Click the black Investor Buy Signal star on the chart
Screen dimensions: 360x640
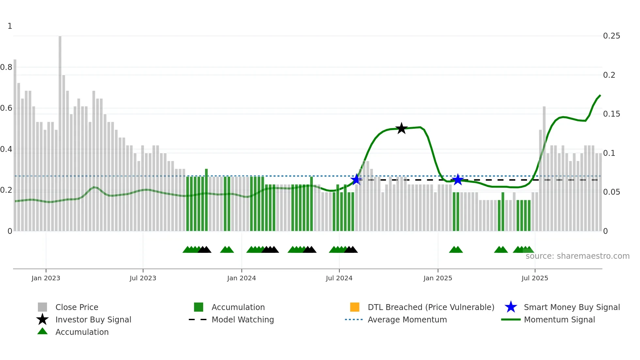pos(401,128)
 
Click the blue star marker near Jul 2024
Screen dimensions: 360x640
pos(356,179)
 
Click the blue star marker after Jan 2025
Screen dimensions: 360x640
pos(458,179)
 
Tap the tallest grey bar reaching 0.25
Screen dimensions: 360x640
pos(60,131)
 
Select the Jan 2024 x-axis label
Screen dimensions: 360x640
pos(241,278)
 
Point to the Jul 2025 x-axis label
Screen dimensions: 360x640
pos(535,278)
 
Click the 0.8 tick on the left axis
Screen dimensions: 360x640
pos(6,67)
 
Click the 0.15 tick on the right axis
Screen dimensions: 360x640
pos(611,114)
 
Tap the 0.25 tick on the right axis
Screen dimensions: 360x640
pos(611,36)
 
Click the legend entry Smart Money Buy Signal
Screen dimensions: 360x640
pos(571,307)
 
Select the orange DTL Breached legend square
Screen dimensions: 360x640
pos(355,307)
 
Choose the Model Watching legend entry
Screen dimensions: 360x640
pos(242,319)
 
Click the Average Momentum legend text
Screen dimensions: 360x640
pos(407,319)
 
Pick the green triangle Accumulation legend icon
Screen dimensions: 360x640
pos(42,331)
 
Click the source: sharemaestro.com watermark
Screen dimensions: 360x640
pos(577,256)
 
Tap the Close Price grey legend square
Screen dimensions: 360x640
pos(42,307)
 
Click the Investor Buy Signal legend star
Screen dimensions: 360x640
pos(42,319)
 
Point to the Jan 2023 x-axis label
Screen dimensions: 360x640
pos(46,278)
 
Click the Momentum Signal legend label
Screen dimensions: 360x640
pos(559,319)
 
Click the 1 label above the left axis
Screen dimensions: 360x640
pos(10,26)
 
